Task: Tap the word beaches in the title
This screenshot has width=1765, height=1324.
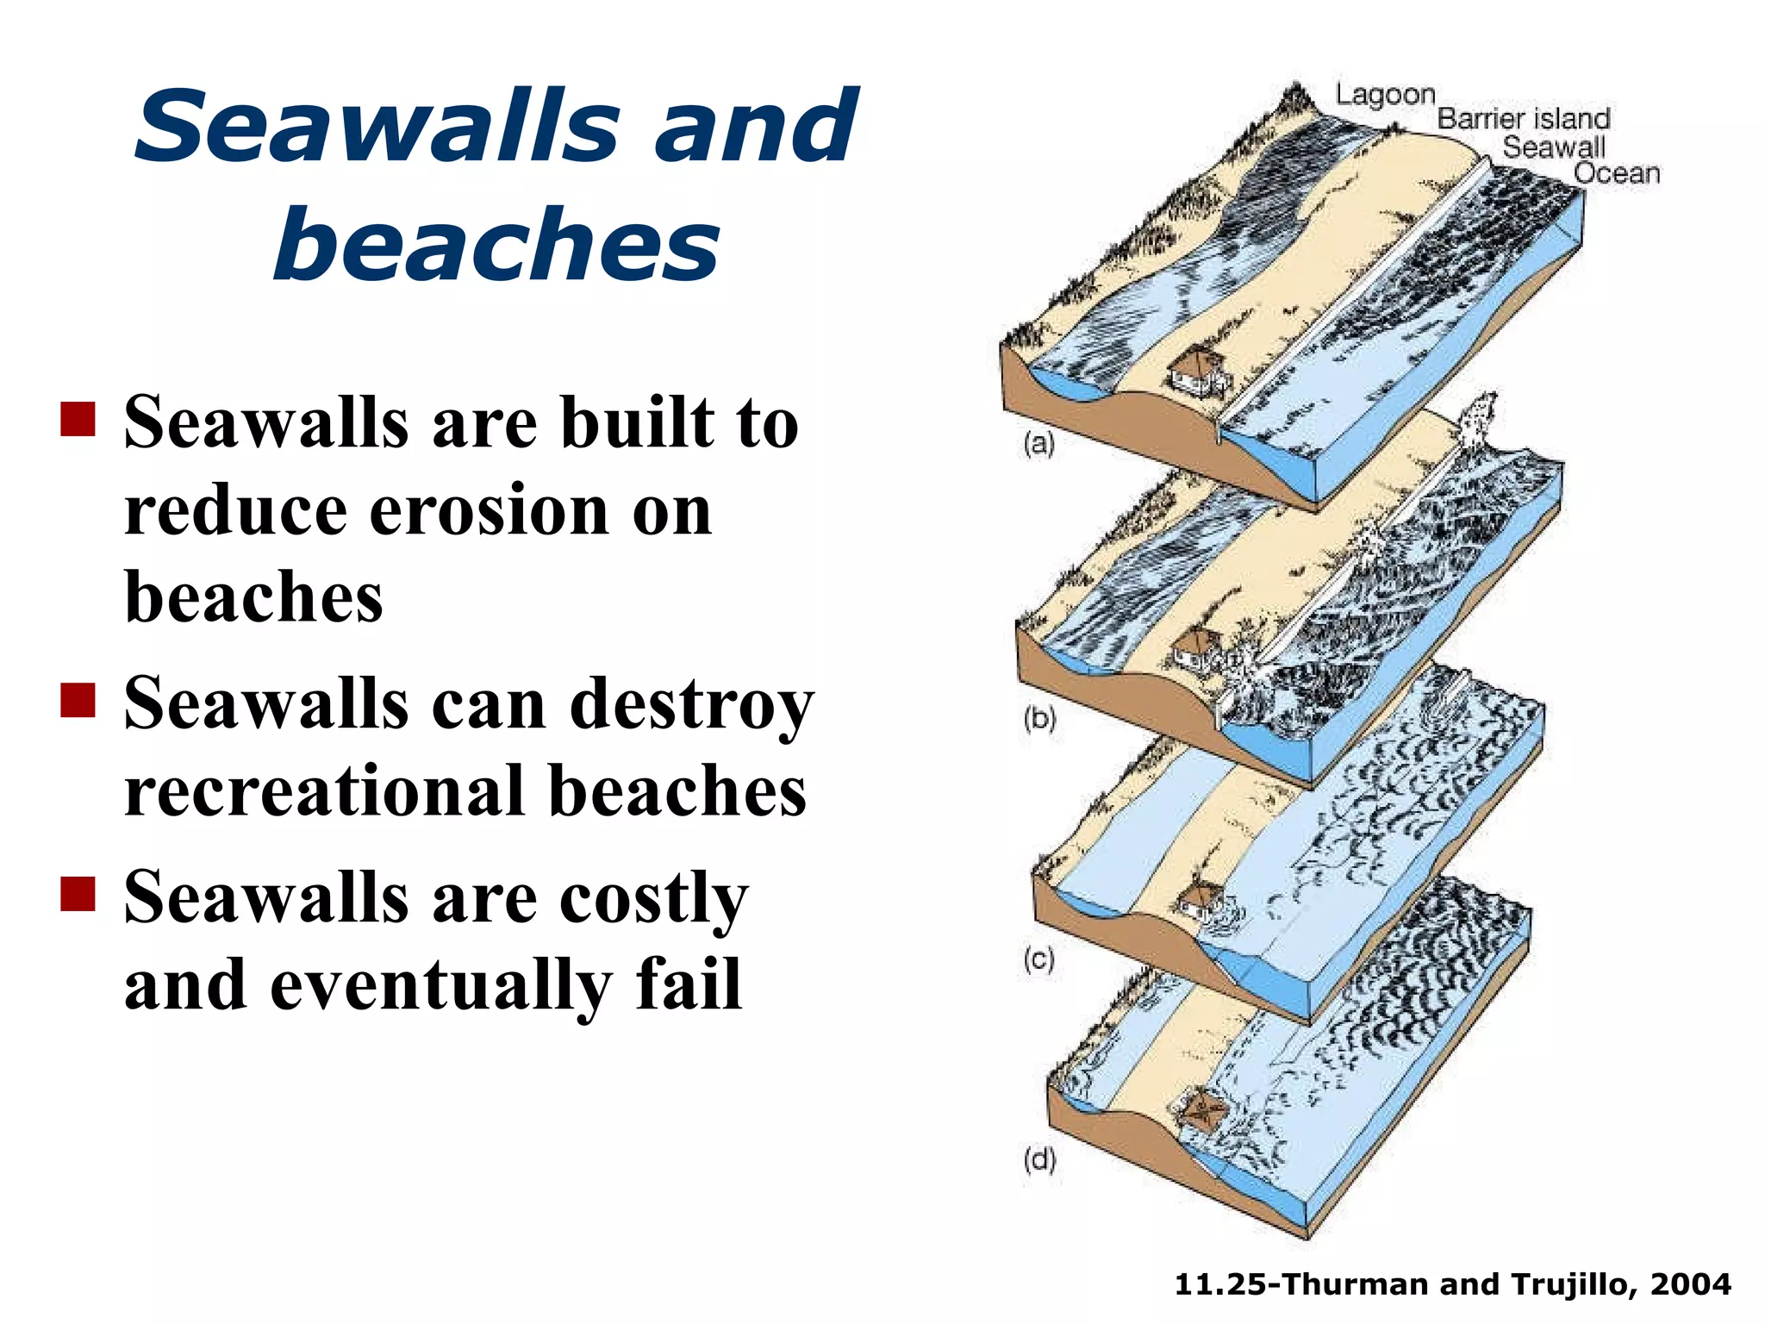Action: point(496,245)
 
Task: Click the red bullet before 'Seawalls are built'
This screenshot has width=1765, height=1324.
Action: point(78,420)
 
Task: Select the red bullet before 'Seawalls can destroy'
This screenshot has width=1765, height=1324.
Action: point(78,700)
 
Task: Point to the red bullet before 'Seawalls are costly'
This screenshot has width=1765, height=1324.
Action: point(78,894)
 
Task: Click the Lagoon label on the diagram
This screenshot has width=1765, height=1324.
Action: point(1385,95)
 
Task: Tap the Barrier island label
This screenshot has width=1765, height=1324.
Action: point(1523,119)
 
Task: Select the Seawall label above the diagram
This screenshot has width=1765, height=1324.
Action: point(1554,147)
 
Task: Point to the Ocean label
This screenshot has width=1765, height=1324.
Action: point(1616,173)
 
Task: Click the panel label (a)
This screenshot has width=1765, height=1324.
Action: point(1038,444)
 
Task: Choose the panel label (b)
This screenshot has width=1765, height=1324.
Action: point(1039,718)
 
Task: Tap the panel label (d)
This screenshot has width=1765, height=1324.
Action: point(1039,1159)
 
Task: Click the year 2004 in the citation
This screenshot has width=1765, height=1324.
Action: point(1690,1284)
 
